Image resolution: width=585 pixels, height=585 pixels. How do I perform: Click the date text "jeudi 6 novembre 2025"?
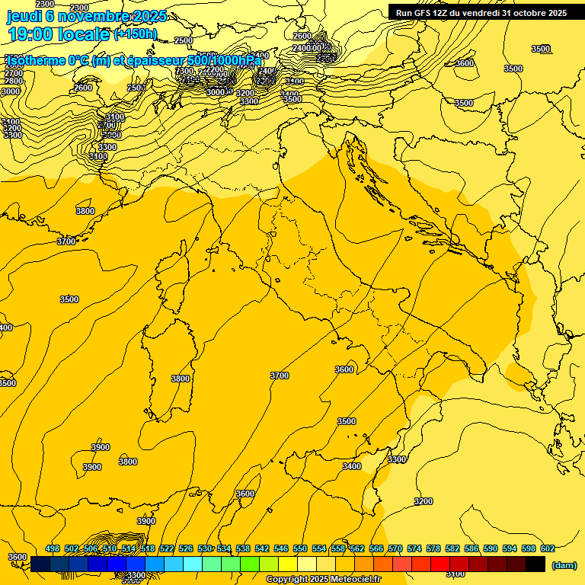[87, 15]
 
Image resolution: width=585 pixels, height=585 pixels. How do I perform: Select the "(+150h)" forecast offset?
[135, 34]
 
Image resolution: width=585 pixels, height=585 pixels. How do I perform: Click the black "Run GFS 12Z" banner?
[481, 13]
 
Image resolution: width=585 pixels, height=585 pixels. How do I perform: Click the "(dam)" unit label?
[563, 565]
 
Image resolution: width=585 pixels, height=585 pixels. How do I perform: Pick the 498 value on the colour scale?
[53, 549]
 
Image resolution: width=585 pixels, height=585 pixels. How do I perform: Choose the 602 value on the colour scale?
[548, 549]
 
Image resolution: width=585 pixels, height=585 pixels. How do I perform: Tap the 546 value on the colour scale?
[281, 549]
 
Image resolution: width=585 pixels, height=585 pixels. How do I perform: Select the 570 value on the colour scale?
[395, 549]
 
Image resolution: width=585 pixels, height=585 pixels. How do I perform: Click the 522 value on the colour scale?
[167, 549]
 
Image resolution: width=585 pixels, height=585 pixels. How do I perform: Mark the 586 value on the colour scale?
[472, 549]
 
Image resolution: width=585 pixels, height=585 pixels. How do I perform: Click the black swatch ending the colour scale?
[535, 564]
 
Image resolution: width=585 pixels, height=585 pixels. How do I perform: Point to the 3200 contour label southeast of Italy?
[424, 501]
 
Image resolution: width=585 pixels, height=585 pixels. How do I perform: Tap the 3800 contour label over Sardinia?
[181, 379]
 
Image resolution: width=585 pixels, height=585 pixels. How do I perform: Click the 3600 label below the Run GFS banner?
[465, 63]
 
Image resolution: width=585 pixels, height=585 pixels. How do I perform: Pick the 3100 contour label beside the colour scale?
[456, 574]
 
